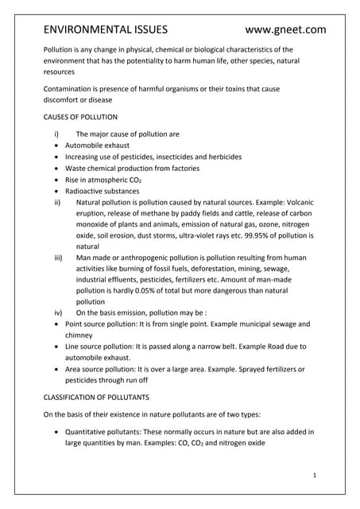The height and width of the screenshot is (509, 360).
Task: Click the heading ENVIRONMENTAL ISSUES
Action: click(105, 30)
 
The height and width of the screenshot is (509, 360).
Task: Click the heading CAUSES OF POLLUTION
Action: click(80, 117)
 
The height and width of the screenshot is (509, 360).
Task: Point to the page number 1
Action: click(314, 475)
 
